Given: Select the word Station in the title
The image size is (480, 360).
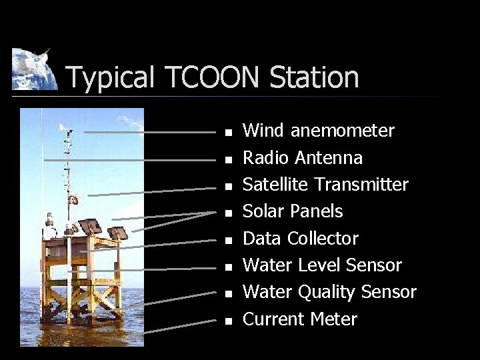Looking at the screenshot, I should [x=314, y=77].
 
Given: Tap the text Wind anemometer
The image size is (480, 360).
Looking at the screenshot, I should [x=318, y=131].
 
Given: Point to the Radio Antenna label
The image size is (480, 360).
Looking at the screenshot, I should [x=303, y=158].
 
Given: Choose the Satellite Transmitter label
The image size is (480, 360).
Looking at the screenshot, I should [x=325, y=185].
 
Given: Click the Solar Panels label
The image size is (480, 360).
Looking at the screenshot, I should [x=293, y=211].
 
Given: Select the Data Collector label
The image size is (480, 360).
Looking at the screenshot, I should [x=300, y=239].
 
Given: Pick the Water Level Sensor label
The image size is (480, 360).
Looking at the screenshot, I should [x=322, y=265].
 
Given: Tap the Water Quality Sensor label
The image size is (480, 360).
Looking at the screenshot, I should [x=329, y=292].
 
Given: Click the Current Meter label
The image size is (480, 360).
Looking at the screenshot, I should [x=300, y=319].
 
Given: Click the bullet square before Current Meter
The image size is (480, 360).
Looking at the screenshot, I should [x=228, y=321].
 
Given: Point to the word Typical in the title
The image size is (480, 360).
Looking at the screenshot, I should [x=110, y=77].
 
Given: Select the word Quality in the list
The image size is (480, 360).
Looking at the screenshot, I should [x=325, y=292].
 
